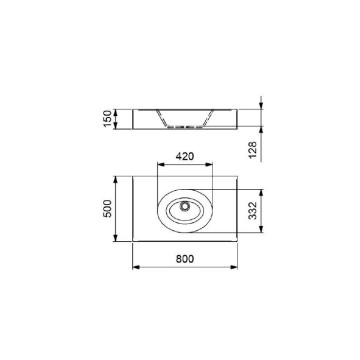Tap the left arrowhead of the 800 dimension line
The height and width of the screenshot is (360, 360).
pyautogui.click(x=134, y=268)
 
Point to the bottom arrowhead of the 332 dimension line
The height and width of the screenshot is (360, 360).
pyautogui.click(x=261, y=231)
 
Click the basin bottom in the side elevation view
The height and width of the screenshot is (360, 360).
pyautogui.click(x=184, y=128)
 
